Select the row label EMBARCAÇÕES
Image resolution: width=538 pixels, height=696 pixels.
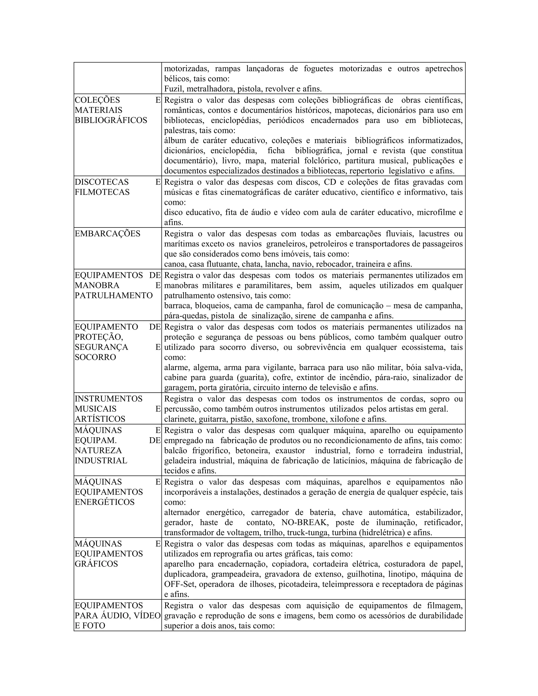pos(107,233)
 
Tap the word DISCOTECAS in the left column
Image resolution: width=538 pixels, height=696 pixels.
pos(102,182)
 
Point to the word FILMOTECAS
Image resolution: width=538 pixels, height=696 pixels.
pos(102,192)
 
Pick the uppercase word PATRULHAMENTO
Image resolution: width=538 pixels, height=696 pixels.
pos(114,295)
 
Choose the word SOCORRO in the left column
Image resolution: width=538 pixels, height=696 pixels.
pos(96,357)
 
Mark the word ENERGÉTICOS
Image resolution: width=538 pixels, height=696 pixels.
pos(105,502)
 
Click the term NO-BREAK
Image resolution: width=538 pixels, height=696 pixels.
pos(305,523)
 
